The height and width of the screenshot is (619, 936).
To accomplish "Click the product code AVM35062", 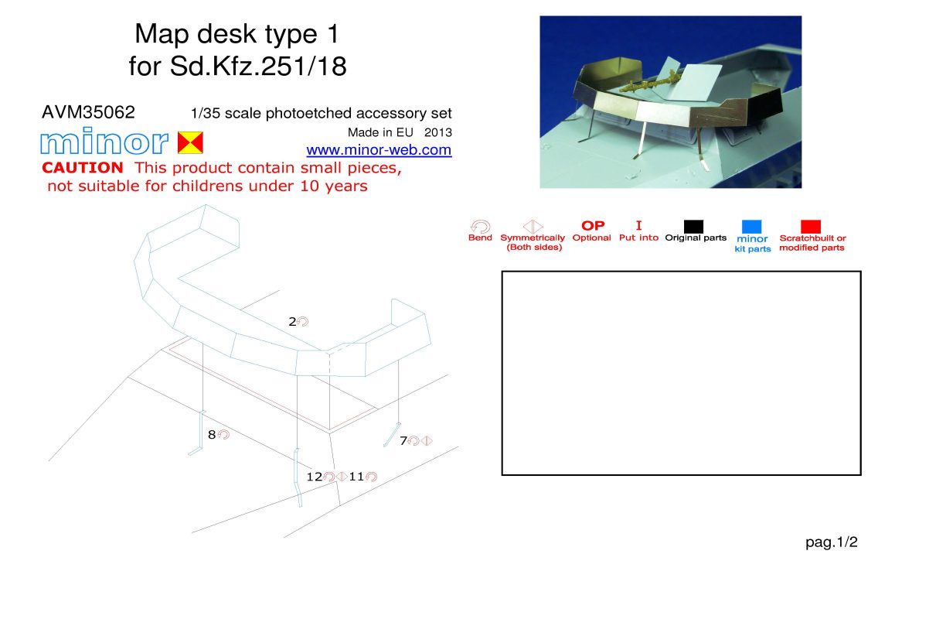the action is point(88,112).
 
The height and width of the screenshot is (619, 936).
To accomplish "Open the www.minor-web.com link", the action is point(379,150).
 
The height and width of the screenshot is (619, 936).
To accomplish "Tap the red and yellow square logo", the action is point(190,142).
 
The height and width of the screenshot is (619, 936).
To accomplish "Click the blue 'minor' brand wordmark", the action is point(104,141).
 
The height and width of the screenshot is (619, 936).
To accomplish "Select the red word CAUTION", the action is point(83,168).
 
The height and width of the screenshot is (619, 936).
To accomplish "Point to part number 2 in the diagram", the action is point(292,322).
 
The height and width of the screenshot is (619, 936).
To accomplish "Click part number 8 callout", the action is point(212,435).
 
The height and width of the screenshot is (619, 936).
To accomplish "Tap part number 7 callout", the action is point(403,441).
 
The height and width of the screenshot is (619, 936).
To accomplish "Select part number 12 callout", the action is point(315,477).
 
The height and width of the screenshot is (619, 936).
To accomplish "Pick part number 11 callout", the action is point(356,477).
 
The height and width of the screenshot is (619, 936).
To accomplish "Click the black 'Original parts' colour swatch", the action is point(693,227).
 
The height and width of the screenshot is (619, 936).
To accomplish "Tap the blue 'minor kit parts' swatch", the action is point(751,227).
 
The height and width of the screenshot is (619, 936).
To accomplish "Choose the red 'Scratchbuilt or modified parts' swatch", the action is point(811,227).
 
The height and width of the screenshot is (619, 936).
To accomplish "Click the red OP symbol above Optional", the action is point(593,226).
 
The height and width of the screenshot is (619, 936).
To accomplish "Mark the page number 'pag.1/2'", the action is point(831,542).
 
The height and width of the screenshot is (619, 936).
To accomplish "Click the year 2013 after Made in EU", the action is point(438,132).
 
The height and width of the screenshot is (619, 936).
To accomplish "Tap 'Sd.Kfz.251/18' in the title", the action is point(258,66).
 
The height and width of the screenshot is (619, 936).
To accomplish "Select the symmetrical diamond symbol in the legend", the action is point(533,227).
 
